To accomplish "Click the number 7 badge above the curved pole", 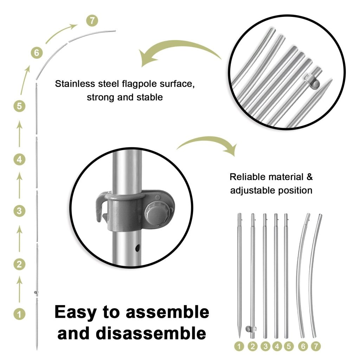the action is click(92, 21).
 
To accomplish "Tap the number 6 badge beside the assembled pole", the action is click(37, 53).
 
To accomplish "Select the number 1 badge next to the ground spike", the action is click(19, 314).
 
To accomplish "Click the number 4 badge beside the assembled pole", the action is click(19, 159).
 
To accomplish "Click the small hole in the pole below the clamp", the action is click(137, 248).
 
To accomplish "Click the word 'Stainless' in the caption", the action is click(75, 84).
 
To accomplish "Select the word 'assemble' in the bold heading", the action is click(167, 313).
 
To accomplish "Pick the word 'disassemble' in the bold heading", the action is click(151, 333).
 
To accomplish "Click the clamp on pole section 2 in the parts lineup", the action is click(250, 329).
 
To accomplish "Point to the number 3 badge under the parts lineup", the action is click(265, 346).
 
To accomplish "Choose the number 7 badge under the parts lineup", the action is click(316, 346).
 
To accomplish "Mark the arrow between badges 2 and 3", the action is click(20, 238).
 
